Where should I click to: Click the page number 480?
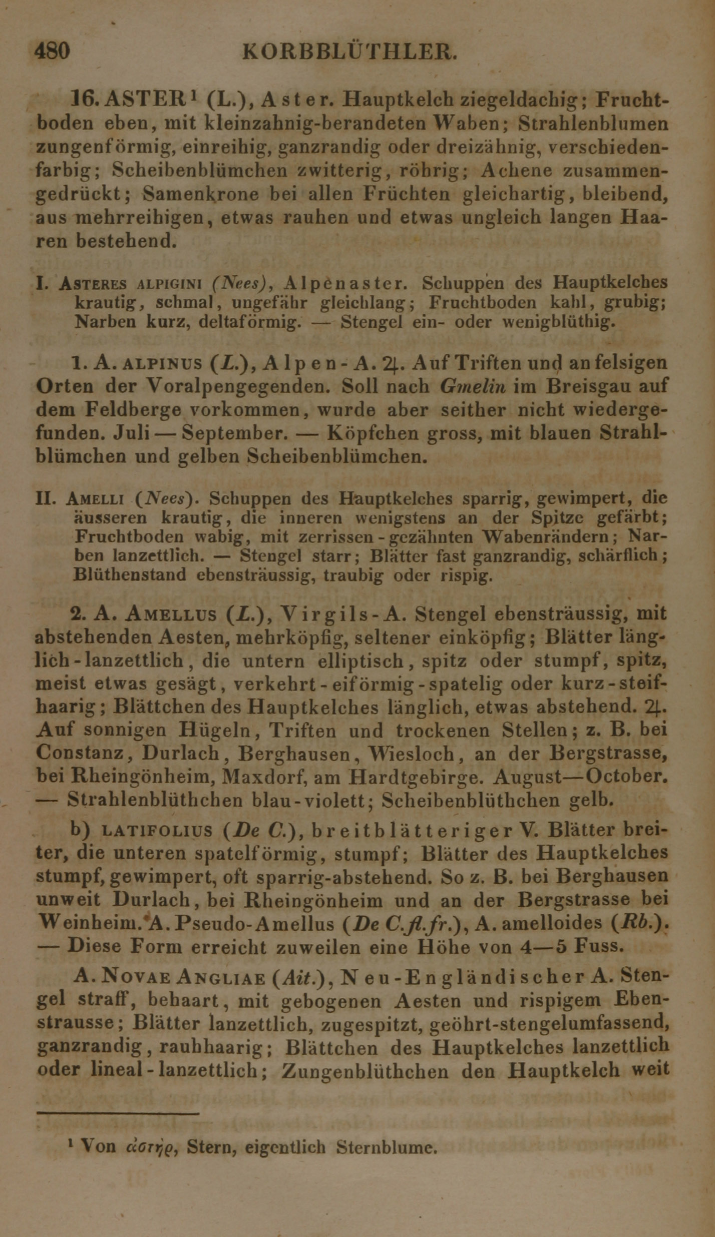pos(52,51)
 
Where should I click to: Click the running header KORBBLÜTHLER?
pos(349,52)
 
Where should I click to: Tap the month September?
pos(235,433)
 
